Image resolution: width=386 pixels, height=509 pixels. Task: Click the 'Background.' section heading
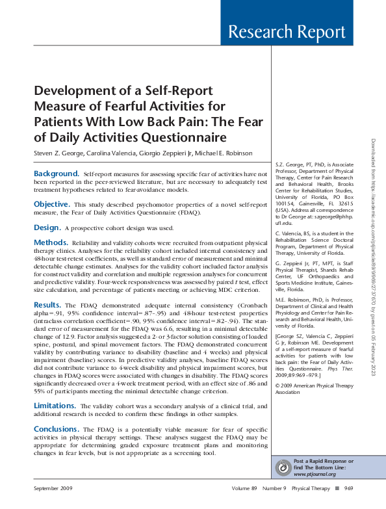pyautogui.click(x=57, y=174)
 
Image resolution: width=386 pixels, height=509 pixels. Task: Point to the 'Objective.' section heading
pyautogui.click(x=51, y=204)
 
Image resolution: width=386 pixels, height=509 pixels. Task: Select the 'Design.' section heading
pyautogui.click(x=47, y=228)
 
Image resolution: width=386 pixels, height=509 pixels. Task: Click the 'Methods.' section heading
pyautogui.click(x=51, y=242)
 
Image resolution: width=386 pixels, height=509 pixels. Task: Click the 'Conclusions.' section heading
pyautogui.click(x=57, y=429)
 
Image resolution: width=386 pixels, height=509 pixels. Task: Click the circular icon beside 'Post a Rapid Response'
pyautogui.click(x=284, y=467)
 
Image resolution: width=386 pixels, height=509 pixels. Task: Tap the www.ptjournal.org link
pyautogui.click(x=315, y=474)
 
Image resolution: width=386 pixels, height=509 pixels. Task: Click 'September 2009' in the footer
pyautogui.click(x=53, y=488)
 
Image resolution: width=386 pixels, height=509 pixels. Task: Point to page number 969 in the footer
pyautogui.click(x=348, y=488)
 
